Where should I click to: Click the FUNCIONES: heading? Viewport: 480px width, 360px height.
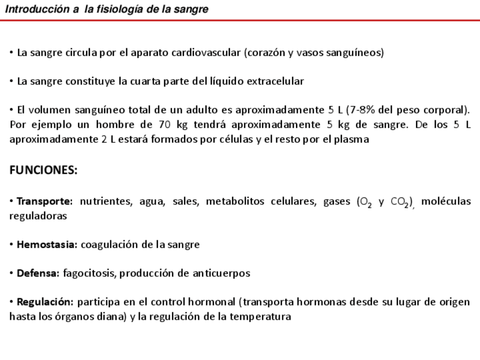[43, 170]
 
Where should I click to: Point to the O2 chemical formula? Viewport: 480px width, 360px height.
[365, 202]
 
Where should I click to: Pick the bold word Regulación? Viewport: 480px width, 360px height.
[45, 302]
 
